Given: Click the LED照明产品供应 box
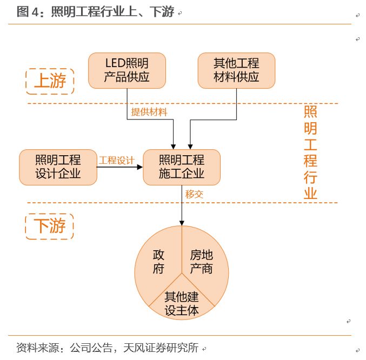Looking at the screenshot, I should (x=127, y=70).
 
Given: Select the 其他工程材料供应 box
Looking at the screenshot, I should (x=236, y=70).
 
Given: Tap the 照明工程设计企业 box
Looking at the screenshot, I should (x=58, y=167).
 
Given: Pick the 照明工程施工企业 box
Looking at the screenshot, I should (x=182, y=167).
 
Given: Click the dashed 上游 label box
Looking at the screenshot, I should (x=50, y=81).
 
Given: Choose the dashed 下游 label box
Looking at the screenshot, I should (x=49, y=226).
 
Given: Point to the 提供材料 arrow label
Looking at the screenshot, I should (x=149, y=112).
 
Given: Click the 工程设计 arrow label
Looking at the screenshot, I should (x=116, y=160).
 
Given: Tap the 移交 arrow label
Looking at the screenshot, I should (x=194, y=194).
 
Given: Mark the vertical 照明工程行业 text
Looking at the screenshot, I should (x=310, y=153).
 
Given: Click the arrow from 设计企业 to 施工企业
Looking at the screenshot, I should (x=119, y=168).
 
